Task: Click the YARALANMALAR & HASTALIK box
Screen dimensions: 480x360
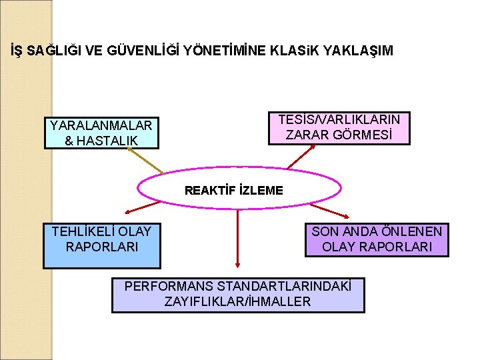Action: pos(102,133)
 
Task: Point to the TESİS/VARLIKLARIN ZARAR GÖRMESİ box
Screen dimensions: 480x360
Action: pos(339,127)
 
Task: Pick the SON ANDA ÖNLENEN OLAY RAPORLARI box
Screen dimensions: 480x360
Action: pos(377,239)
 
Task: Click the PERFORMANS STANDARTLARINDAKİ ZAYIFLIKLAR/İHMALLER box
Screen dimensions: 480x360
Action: pos(237,295)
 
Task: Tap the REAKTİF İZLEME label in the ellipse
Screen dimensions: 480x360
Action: pos(234,191)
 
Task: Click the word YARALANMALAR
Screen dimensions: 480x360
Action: pos(101,125)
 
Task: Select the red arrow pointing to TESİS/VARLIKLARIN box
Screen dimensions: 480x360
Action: pos(301,156)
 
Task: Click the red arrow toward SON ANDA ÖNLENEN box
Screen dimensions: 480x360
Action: pos(333,210)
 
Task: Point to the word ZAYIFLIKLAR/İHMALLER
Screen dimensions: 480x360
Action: pos(237,302)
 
